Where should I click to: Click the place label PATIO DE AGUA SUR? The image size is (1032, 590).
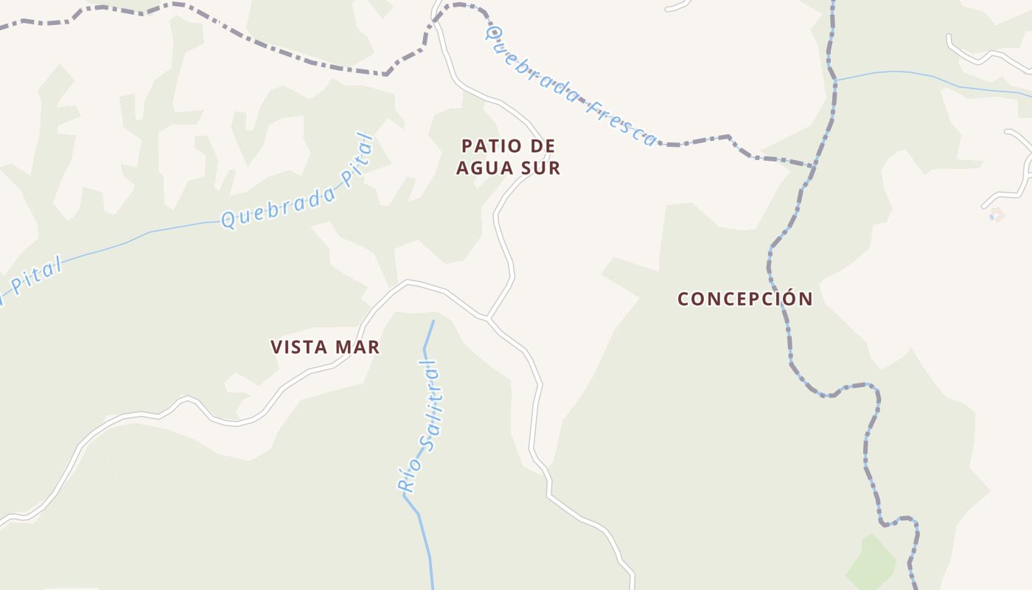click(x=508, y=157)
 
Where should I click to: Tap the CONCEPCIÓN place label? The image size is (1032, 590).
click(x=745, y=299)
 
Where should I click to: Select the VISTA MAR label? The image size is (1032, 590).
click(x=325, y=347)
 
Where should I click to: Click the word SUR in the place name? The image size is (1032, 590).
click(x=545, y=168)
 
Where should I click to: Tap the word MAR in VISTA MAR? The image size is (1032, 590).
click(x=360, y=347)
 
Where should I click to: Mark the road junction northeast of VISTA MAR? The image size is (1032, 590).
click(x=488, y=319)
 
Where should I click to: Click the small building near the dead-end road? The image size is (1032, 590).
click(x=996, y=215)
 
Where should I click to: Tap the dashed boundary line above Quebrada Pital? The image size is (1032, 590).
click(x=295, y=55)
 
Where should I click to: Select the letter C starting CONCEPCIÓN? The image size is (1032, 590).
click(x=683, y=299)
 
